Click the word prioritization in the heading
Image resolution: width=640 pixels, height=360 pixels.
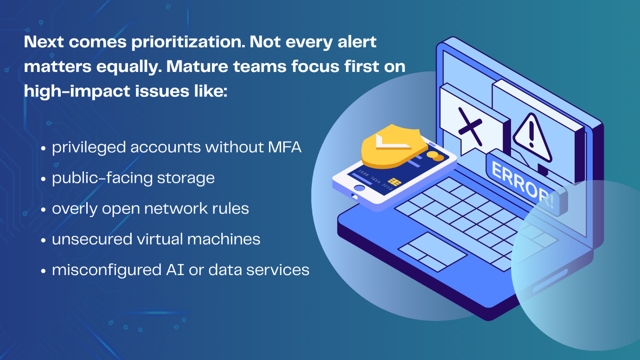click(188, 42)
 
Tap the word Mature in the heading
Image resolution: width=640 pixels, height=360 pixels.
click(197, 66)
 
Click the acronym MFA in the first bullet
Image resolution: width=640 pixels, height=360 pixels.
click(285, 147)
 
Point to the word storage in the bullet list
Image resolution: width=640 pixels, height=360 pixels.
click(186, 178)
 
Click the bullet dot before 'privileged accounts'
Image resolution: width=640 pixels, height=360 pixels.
click(44, 148)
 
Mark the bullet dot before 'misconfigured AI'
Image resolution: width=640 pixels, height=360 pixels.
click(44, 270)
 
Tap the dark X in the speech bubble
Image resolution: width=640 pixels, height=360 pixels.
click(470, 126)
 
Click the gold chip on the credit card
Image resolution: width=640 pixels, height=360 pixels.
click(394, 181)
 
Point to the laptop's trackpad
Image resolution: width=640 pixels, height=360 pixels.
click(433, 252)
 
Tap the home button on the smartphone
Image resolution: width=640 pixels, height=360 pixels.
click(359, 188)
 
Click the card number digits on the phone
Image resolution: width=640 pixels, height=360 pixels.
click(375, 180)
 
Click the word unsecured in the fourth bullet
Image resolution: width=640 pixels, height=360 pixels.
click(92, 239)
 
